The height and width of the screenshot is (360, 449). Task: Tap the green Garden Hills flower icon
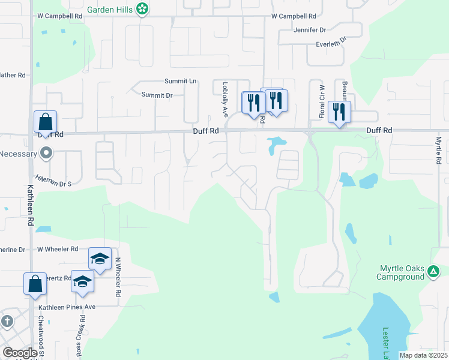pos(142,9)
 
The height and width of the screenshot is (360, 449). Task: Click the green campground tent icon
pos(433,272)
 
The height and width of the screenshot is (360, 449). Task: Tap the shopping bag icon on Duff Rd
pos(46,122)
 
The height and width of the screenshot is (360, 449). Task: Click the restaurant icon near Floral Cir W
pos(339,112)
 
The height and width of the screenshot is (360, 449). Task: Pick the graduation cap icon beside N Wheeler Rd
pos(100,259)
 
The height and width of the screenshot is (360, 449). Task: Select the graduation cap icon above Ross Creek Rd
pos(82,281)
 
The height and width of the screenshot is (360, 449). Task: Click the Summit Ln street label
pos(181,81)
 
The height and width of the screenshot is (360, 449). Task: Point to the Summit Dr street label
pos(157,95)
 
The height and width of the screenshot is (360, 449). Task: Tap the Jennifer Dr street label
pos(310,29)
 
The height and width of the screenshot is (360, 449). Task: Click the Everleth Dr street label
pos(332,43)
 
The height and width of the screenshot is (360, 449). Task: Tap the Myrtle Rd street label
pos(439,150)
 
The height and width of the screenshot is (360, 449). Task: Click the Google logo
pos(20,353)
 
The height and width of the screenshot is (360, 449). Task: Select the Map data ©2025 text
pos(423,355)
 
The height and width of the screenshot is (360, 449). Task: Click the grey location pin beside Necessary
pos(46,154)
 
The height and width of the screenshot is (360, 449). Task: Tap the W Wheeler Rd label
pos(58,248)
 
